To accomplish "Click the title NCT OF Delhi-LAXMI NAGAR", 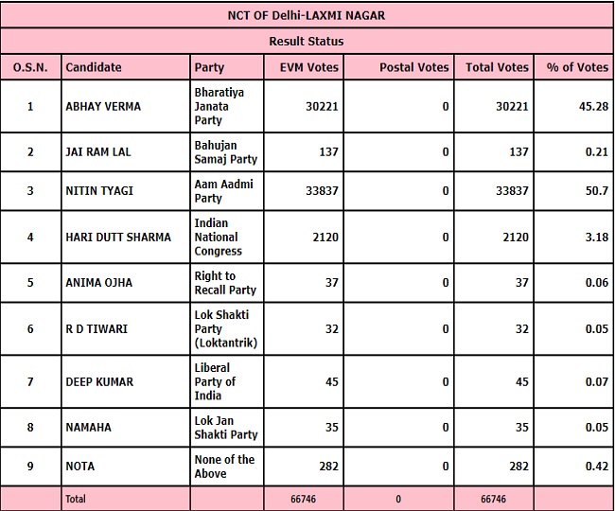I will (307, 15).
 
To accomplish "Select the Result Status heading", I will (307, 42).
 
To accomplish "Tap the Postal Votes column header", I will (413, 68).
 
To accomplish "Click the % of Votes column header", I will (577, 68).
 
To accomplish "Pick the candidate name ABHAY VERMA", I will (102, 107).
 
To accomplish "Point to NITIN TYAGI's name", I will (98, 191).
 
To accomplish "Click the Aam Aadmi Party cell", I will (223, 191).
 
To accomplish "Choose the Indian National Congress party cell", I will (218, 238).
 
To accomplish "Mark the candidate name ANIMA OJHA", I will (98, 283).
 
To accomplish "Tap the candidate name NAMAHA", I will (87, 428).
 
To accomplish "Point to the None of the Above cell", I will (223, 467).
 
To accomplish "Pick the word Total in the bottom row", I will (75, 499).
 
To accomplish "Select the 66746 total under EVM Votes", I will (307, 499).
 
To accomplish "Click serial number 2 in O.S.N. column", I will (29, 152).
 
